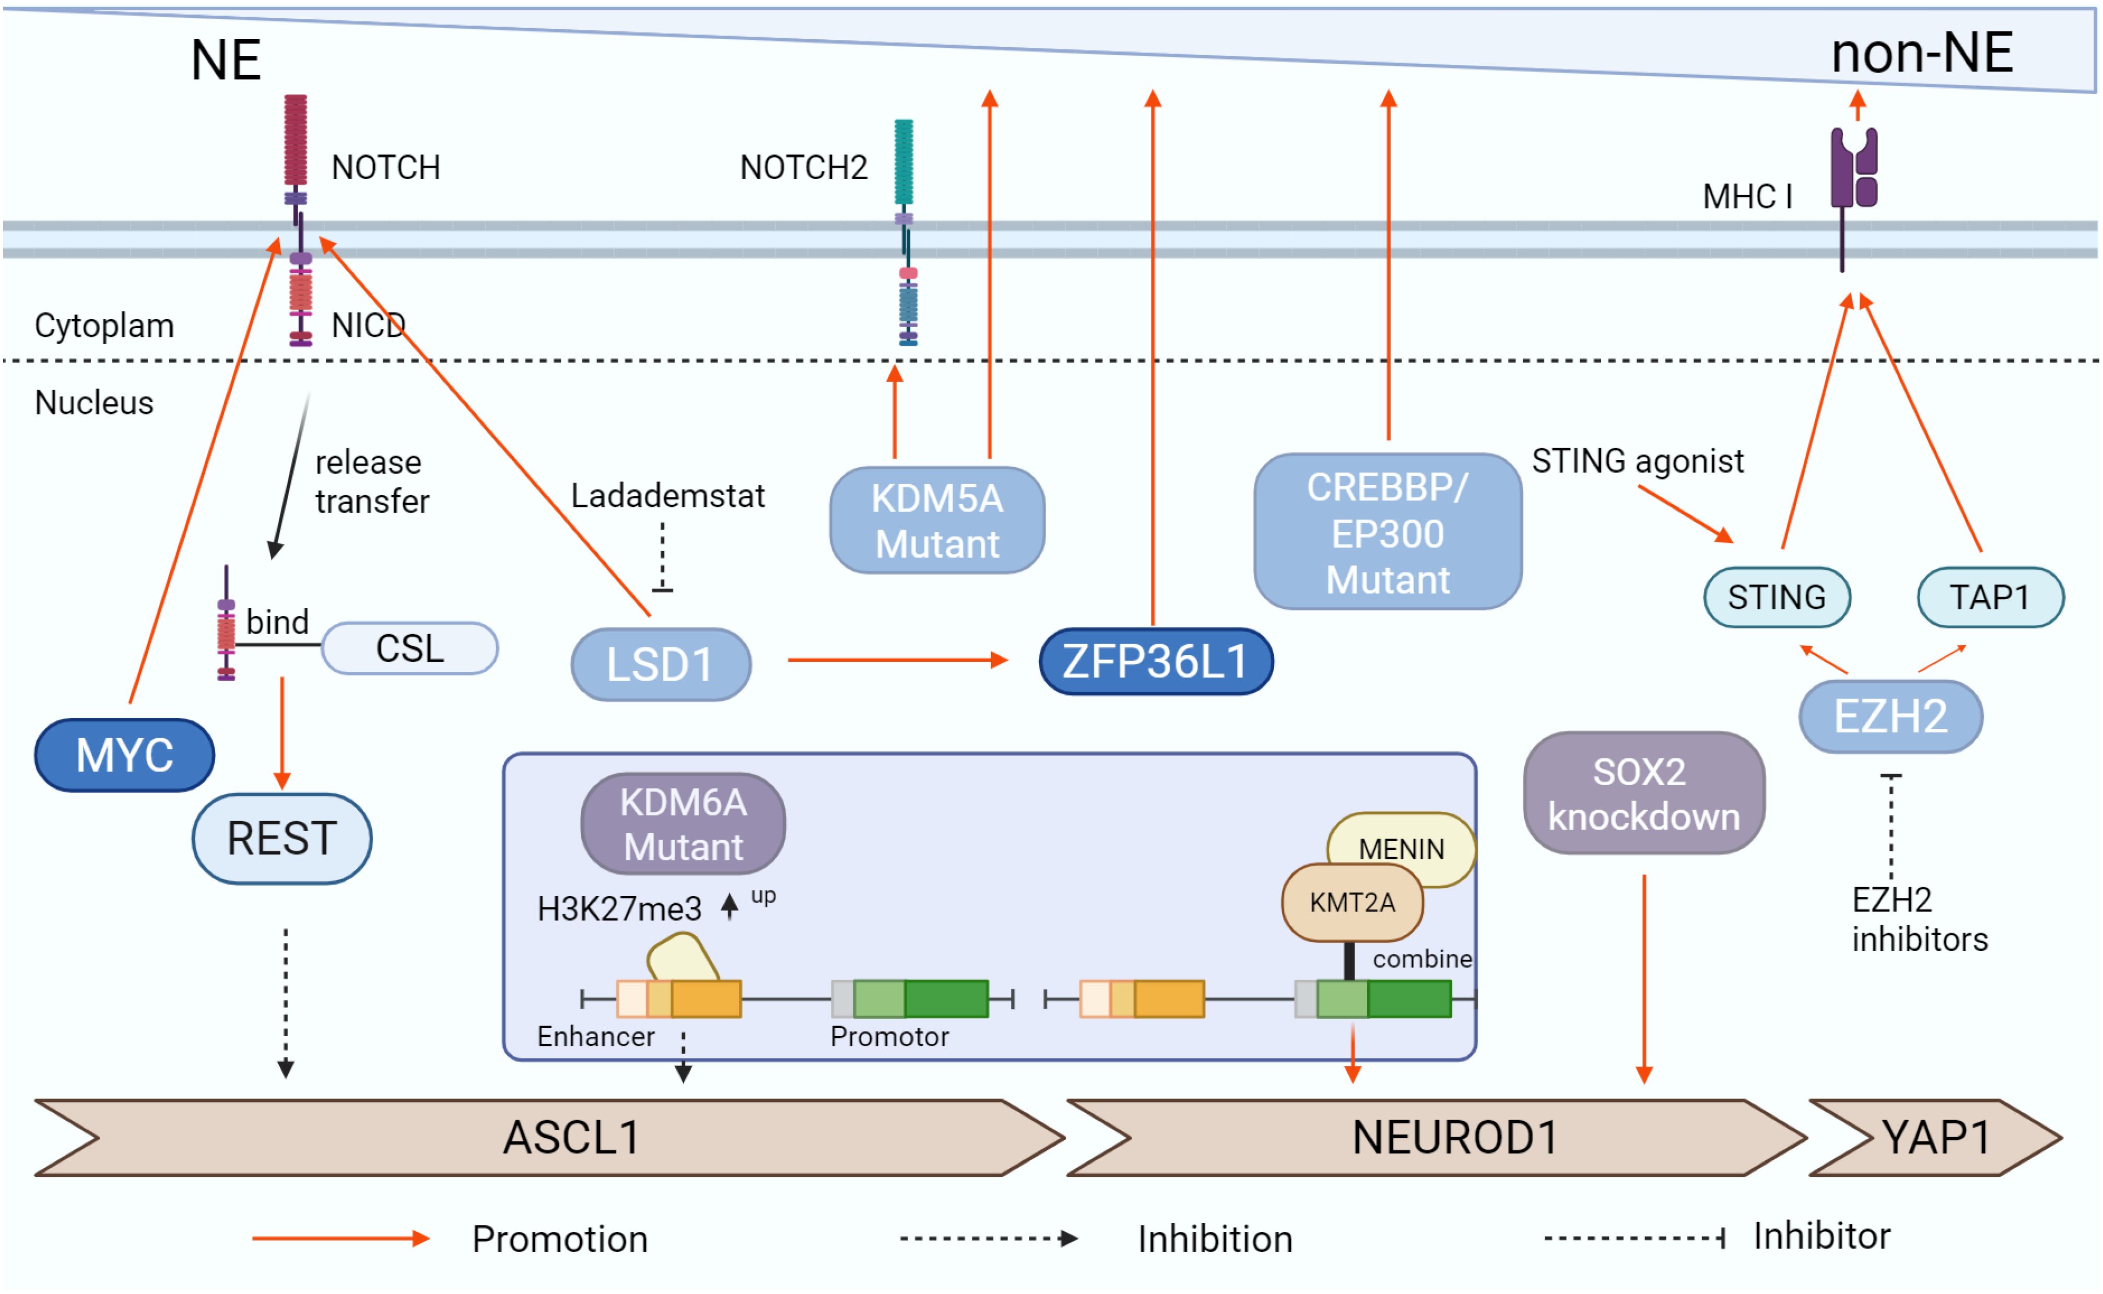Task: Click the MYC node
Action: (125, 755)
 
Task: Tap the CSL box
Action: (410, 648)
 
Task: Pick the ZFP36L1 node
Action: (1155, 661)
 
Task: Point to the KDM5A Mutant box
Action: (937, 520)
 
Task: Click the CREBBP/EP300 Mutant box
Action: (1387, 532)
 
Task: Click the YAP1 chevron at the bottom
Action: (1935, 1137)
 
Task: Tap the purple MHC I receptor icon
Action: (1853, 171)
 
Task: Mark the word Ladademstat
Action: (667, 496)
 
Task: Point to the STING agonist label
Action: (1637, 461)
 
